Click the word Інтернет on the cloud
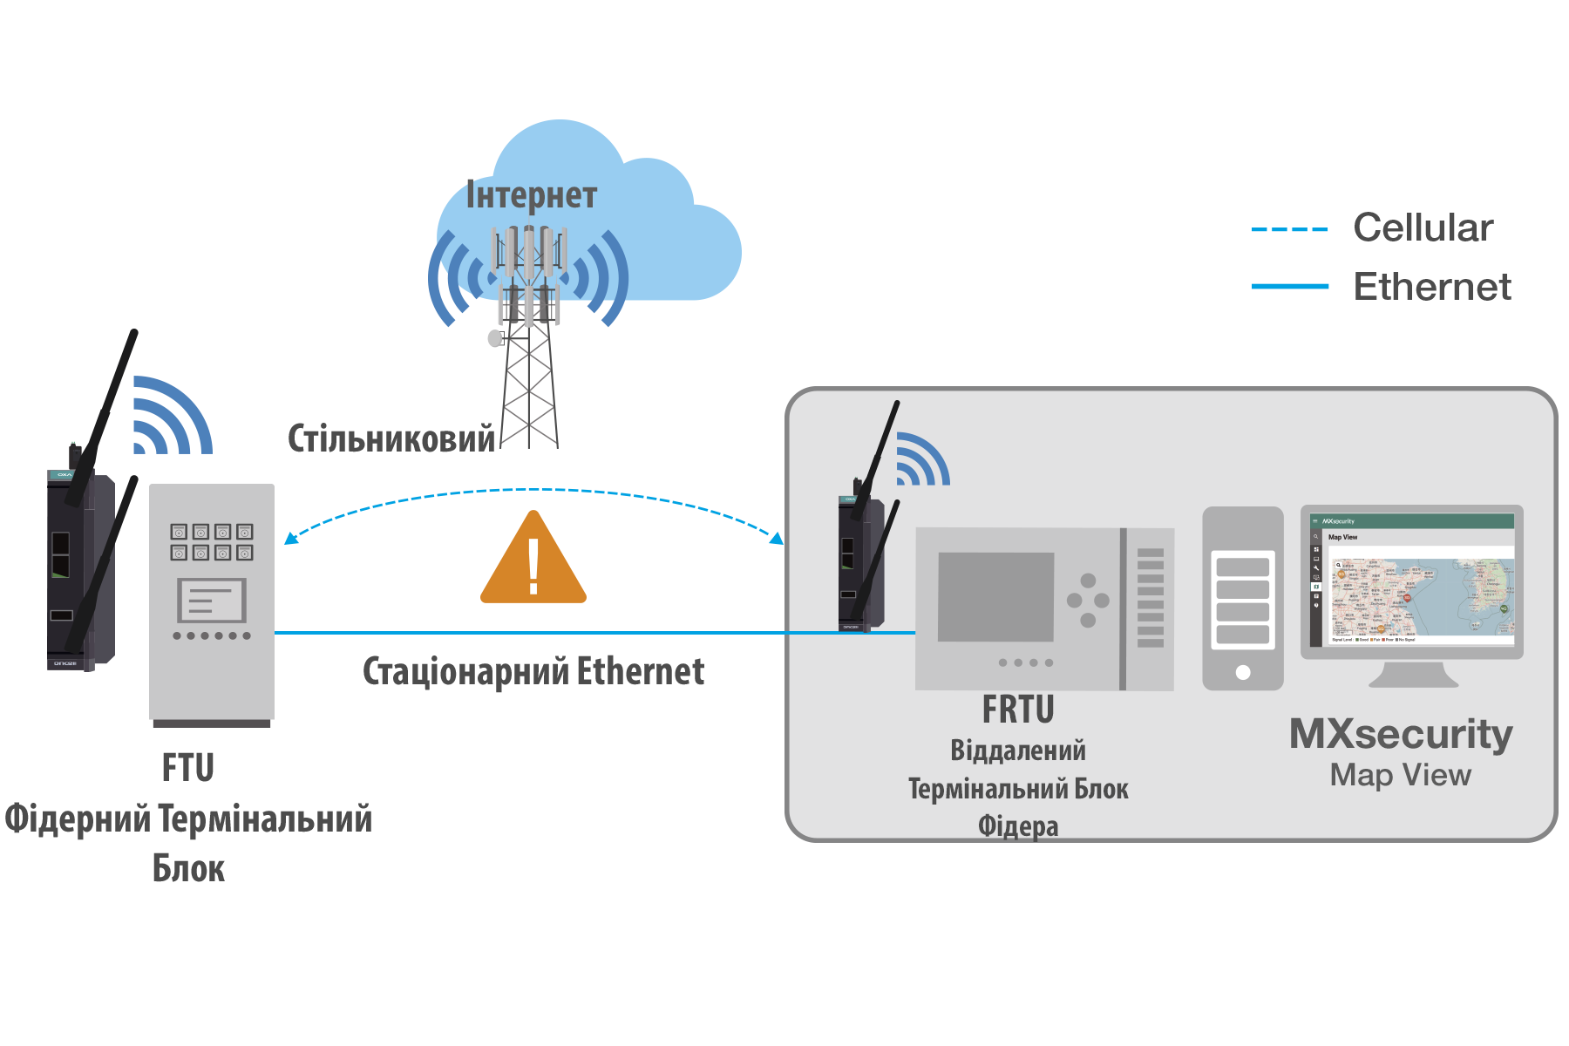point(532,195)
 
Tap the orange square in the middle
point(533,555)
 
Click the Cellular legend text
point(1423,228)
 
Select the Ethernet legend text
point(1431,286)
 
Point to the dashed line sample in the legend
point(1290,230)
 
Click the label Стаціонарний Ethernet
point(533,671)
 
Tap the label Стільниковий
point(391,438)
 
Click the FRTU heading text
point(1018,710)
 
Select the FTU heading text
point(187,768)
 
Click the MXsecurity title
point(1401,734)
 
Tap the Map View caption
point(1401,775)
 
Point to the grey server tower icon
point(1243,598)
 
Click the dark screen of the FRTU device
point(995,597)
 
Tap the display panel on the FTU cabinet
point(212,601)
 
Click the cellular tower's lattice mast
point(529,392)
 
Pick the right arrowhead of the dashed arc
point(776,538)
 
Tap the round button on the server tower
point(1243,672)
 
